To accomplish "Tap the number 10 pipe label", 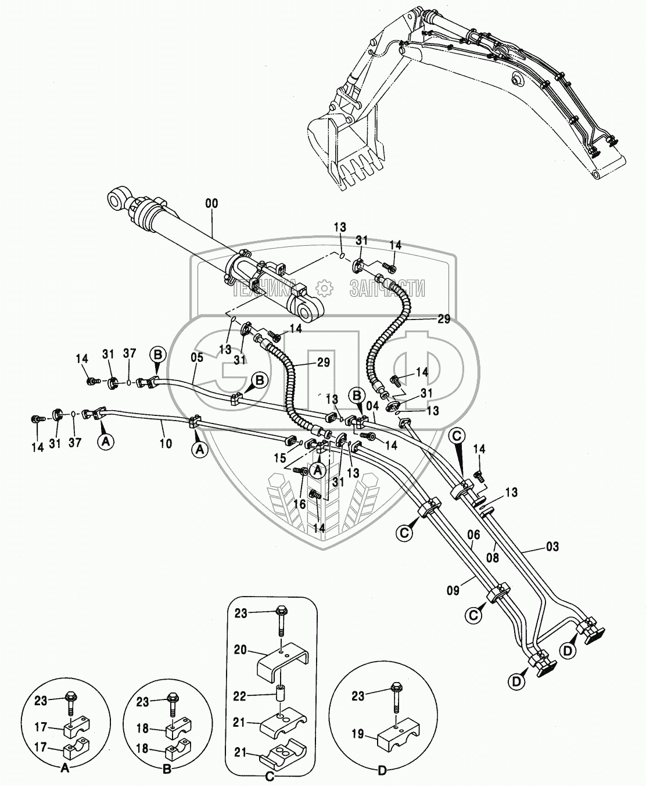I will pyautogui.click(x=166, y=444).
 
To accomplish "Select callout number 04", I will pyautogui.click(x=372, y=406).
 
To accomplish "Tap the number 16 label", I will pyautogui.click(x=299, y=504).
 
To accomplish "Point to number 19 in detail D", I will pyautogui.click(x=358, y=734).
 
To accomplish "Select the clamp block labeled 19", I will pyautogui.click(x=396, y=737).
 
